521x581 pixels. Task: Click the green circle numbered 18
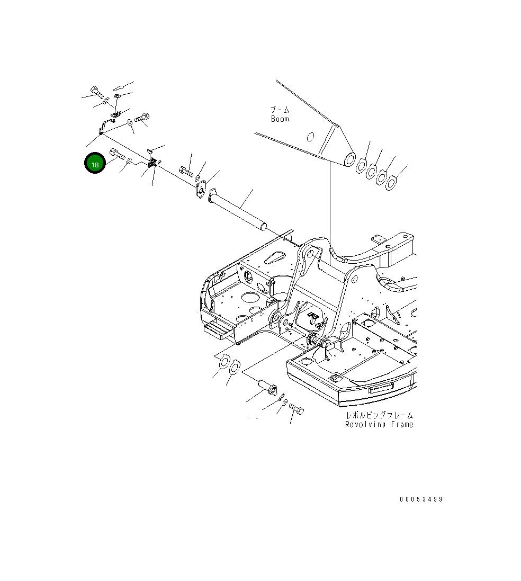click(95, 165)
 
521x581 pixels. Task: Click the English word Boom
click(280, 119)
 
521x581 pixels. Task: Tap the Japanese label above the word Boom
click(280, 110)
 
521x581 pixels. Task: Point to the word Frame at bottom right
click(401, 424)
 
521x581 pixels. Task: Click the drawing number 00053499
click(421, 499)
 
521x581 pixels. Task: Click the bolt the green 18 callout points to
click(116, 155)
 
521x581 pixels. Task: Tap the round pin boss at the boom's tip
click(349, 158)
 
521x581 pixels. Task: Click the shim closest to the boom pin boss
click(360, 166)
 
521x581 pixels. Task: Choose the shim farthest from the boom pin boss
click(391, 184)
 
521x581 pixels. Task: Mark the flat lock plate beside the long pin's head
click(201, 189)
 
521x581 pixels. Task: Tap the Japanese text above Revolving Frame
click(379, 415)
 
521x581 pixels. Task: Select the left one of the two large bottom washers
click(223, 362)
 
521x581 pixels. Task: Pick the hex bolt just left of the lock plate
click(185, 171)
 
